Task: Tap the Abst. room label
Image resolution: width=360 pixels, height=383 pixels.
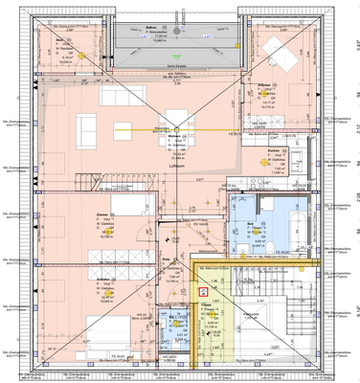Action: (58, 39)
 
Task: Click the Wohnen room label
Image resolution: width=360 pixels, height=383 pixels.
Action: (173, 136)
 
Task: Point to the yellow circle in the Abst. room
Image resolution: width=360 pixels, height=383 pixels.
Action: (83, 55)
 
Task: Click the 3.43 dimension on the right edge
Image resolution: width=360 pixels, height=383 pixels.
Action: (355, 43)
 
